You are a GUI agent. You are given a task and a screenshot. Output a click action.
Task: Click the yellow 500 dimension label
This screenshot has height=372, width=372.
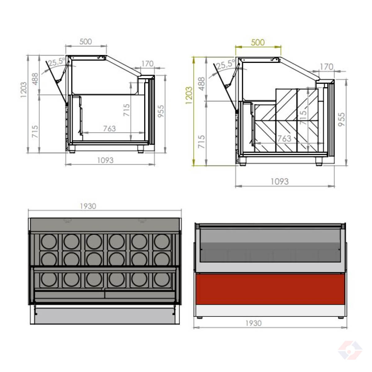click(x=258, y=42)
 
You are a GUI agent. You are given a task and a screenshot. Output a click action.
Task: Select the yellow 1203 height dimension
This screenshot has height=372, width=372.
click(x=189, y=95)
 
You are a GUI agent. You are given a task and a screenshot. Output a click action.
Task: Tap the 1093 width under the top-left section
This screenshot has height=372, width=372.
click(x=105, y=160)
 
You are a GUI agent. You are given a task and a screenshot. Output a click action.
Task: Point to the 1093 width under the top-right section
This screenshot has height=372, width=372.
click(x=280, y=181)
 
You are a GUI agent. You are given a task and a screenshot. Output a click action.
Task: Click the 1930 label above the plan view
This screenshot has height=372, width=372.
click(x=88, y=206)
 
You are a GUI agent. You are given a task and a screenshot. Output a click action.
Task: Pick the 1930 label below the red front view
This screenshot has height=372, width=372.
click(x=254, y=323)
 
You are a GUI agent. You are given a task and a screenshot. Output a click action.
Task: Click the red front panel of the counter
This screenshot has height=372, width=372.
click(x=270, y=289)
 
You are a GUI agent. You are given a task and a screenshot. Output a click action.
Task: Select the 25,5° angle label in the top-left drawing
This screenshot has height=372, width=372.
click(x=57, y=62)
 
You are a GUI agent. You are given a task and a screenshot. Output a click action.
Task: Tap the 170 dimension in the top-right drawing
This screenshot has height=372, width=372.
click(x=326, y=67)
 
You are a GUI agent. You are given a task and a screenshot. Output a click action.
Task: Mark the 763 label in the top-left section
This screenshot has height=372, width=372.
click(x=109, y=128)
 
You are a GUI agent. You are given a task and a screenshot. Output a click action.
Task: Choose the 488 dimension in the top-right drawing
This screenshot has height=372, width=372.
click(x=201, y=83)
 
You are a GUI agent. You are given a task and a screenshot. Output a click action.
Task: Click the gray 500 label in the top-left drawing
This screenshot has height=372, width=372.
click(x=86, y=42)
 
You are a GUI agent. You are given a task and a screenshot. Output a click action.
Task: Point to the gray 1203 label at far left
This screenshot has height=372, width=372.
click(x=24, y=90)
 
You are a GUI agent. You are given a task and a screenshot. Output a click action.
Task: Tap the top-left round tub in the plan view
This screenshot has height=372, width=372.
click(x=49, y=241)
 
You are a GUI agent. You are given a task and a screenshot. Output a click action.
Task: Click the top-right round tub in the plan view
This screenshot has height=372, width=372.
click(x=162, y=241)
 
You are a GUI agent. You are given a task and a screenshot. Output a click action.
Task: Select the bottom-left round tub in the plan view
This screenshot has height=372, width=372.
click(x=49, y=280)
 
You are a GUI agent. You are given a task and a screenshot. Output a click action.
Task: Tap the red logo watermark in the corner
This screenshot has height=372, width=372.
click(x=350, y=350)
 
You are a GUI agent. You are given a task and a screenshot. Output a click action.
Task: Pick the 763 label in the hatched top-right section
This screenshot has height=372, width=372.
click(x=284, y=138)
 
